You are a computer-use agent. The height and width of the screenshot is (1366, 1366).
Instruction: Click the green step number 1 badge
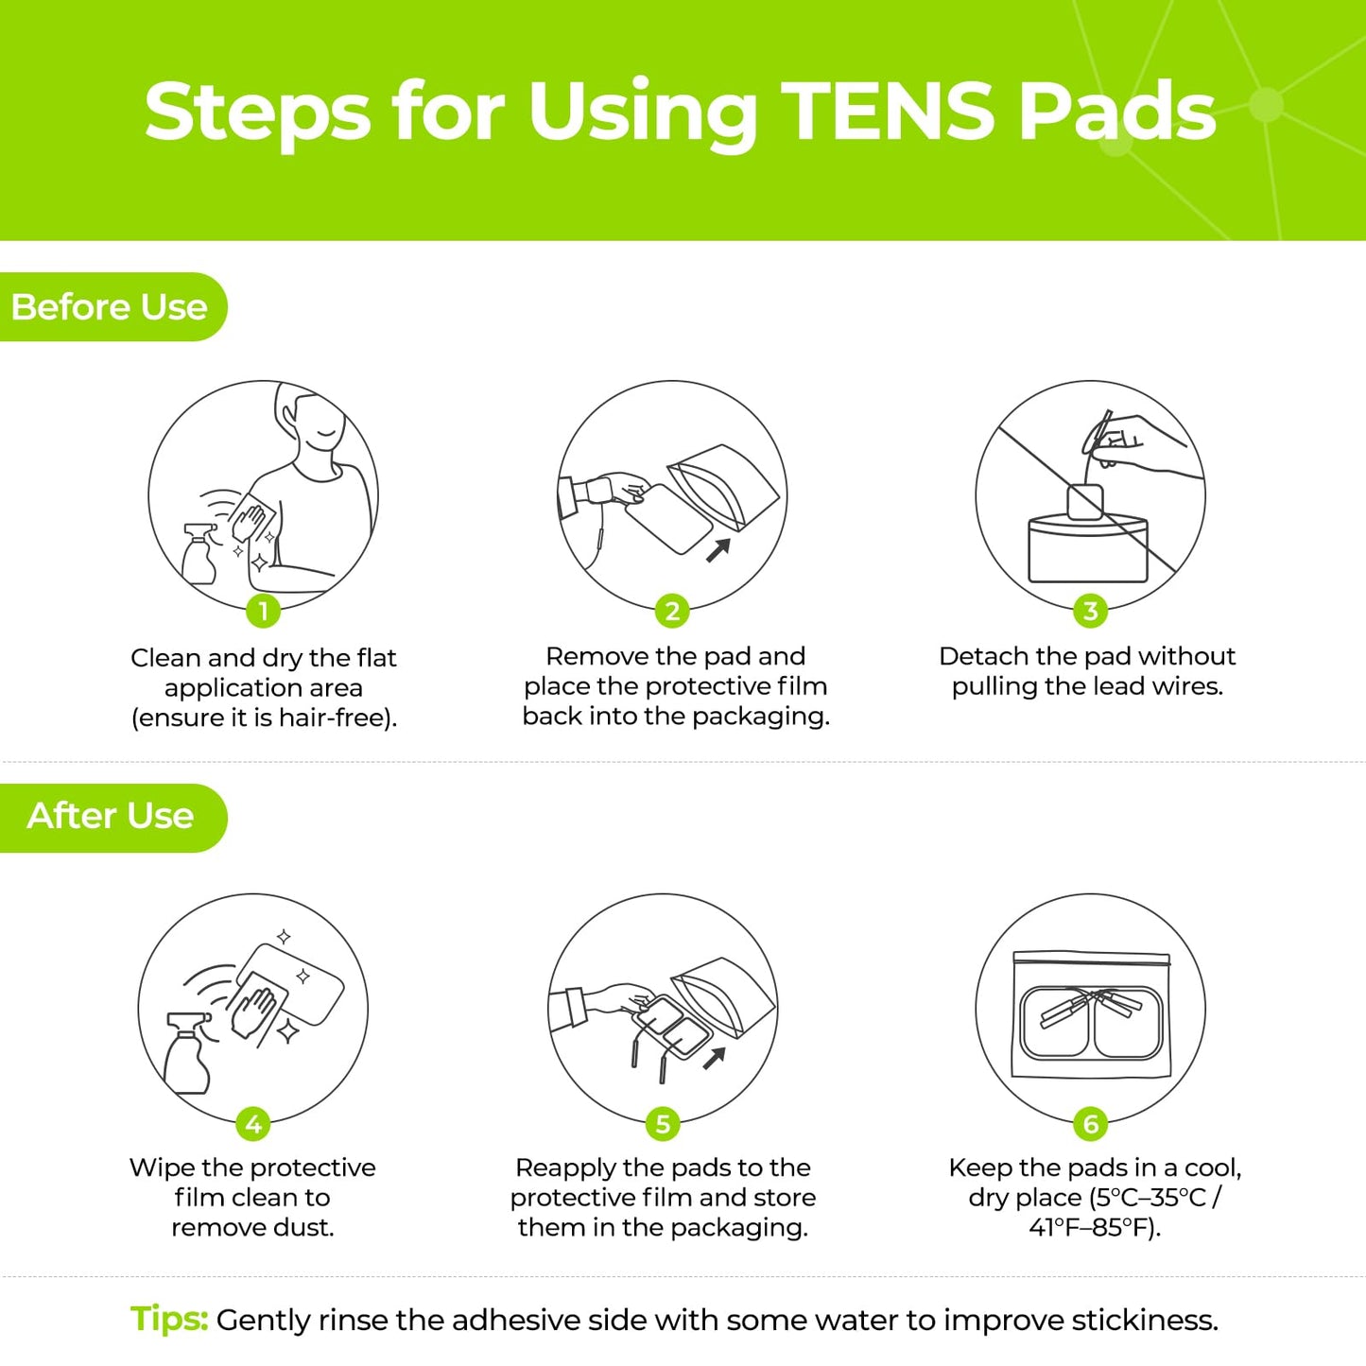(263, 611)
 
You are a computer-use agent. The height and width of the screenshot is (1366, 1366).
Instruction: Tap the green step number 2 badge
(672, 611)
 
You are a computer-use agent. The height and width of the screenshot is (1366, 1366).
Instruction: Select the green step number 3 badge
(1090, 611)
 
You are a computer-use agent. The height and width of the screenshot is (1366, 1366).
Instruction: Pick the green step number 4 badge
(252, 1124)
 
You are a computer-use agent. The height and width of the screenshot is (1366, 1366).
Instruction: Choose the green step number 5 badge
(662, 1124)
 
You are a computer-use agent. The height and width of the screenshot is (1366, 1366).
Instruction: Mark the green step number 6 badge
(1090, 1124)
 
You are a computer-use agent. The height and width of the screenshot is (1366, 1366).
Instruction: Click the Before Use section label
(109, 307)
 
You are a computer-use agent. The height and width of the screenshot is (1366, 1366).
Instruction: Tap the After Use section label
(110, 816)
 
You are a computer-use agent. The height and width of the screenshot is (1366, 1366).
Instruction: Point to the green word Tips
(168, 1319)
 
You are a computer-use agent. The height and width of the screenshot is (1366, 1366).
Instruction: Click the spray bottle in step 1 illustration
(199, 555)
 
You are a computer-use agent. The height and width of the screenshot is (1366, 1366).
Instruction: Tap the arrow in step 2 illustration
(719, 549)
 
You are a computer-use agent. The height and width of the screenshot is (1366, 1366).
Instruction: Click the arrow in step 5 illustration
(715, 1058)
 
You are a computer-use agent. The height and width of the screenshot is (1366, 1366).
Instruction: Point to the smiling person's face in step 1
(318, 425)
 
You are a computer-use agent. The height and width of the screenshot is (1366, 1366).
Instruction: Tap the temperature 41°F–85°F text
(1094, 1228)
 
